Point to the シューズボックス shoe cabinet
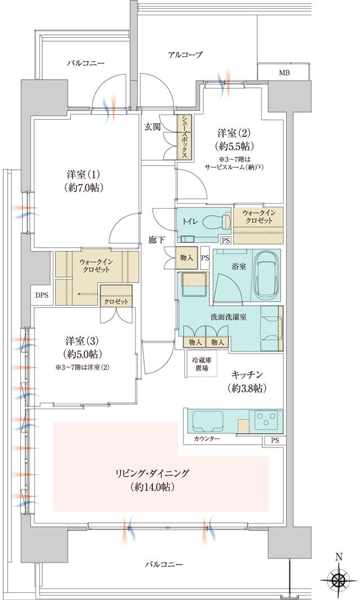pyautogui.click(x=183, y=136)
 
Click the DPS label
pyautogui.click(x=42, y=294)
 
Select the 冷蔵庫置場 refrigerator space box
pyautogui.click(x=200, y=364)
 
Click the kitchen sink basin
pyautogui.click(x=208, y=422)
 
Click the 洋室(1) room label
pyautogui.click(x=82, y=180)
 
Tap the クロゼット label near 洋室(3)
pyautogui.click(x=116, y=302)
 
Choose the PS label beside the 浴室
pyautogui.click(x=205, y=258)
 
